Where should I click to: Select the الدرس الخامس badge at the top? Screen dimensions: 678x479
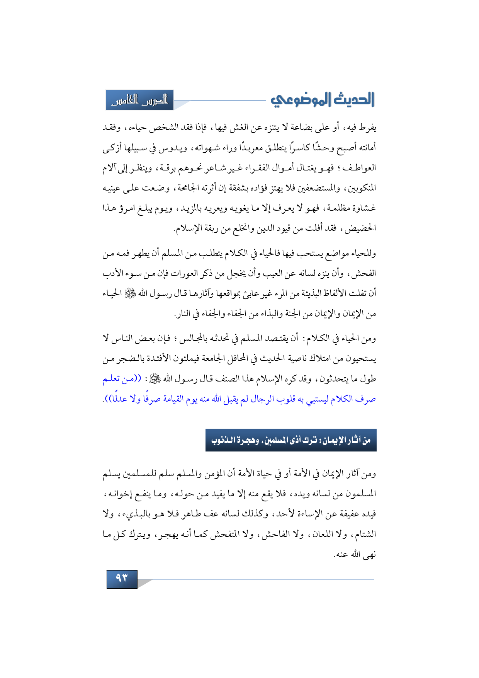(140, 100)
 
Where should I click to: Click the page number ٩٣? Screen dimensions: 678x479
(122, 578)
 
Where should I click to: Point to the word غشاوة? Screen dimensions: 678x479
(363, 209)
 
